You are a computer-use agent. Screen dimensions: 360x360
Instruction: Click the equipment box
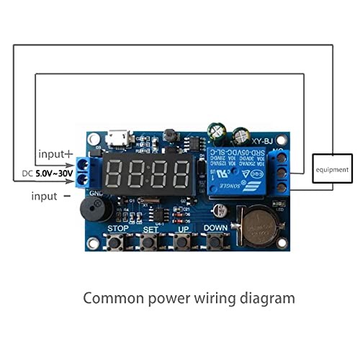pos(332,170)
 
